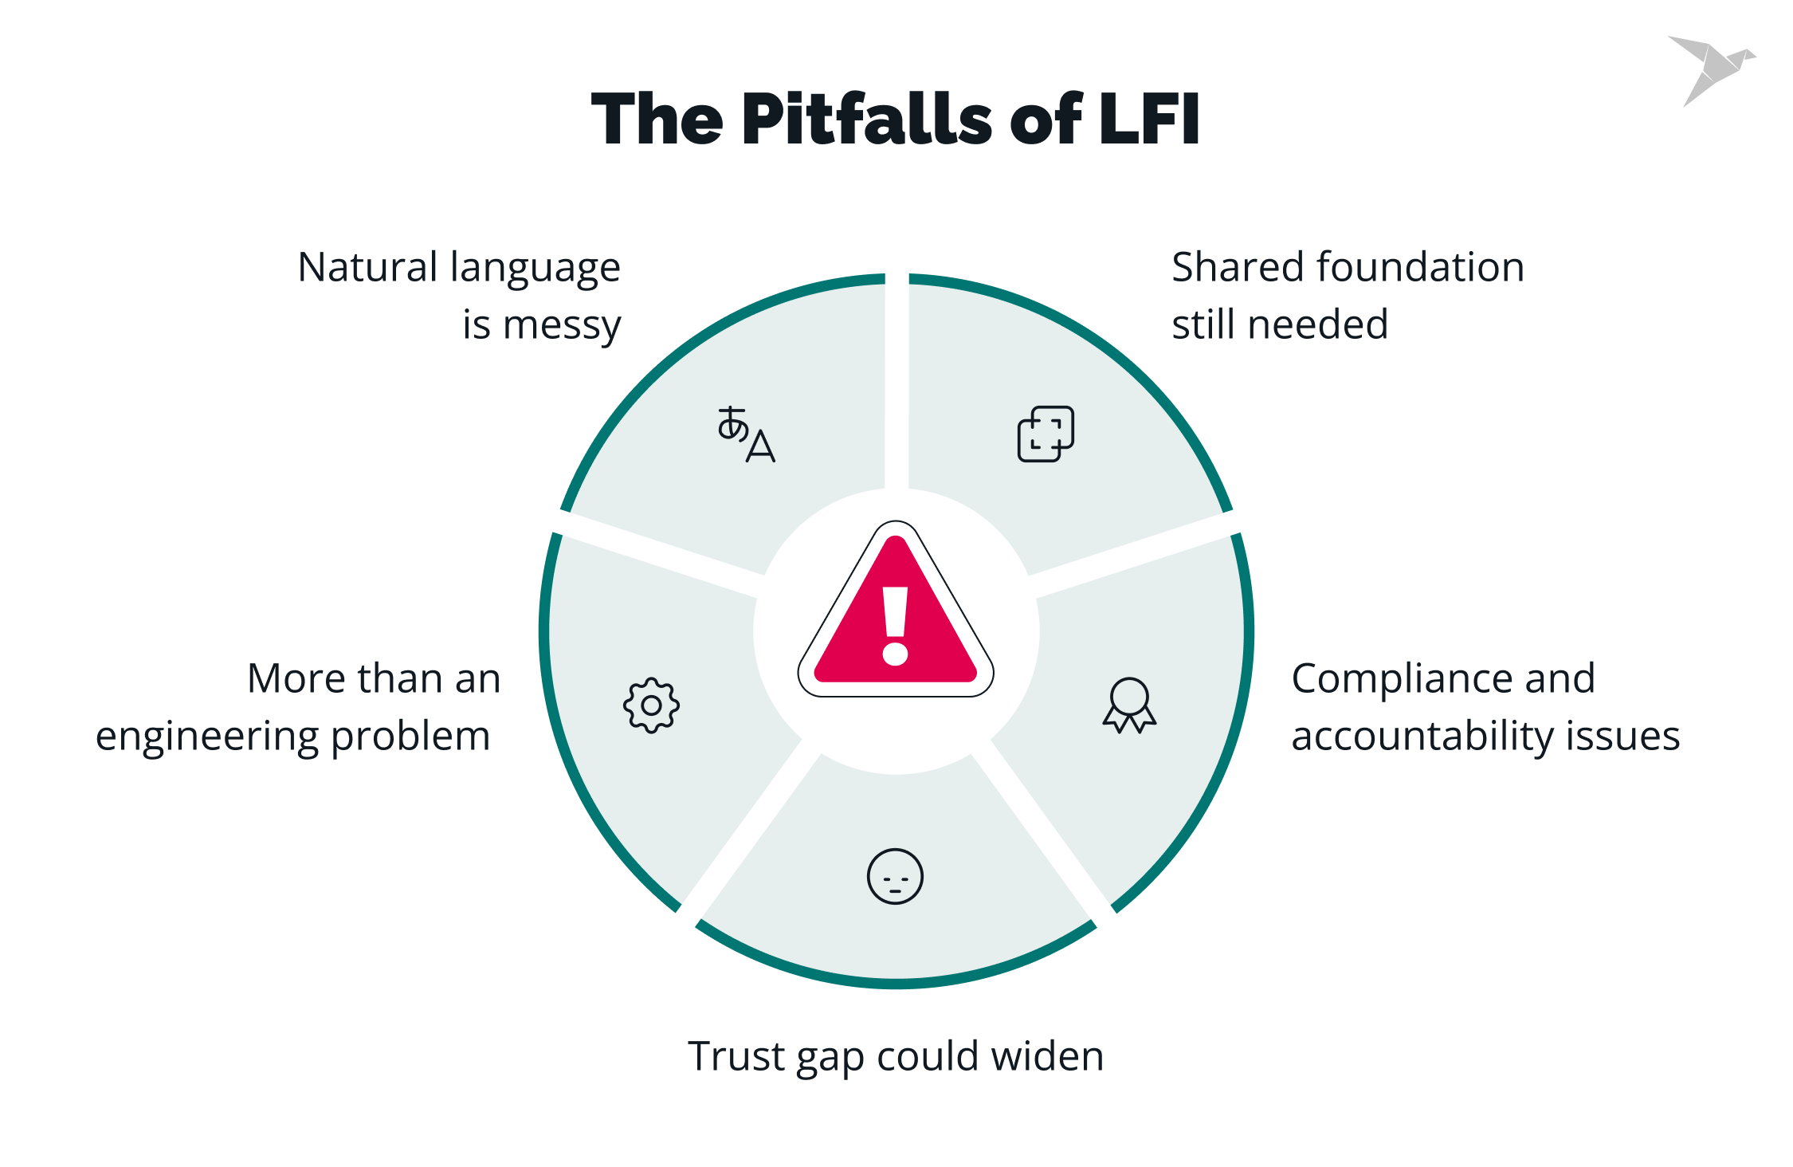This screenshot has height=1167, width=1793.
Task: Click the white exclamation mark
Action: [x=896, y=626]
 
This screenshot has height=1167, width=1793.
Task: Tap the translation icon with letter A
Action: [x=746, y=434]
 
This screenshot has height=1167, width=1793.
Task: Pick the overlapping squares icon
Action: [x=1046, y=434]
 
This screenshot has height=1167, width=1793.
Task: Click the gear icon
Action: [x=651, y=705]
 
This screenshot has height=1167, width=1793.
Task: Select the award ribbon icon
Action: [x=1129, y=705]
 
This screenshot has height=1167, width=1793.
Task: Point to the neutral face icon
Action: [x=895, y=876]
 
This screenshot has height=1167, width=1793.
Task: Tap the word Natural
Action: [x=369, y=267]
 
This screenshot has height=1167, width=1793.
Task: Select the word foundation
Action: [x=1421, y=267]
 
